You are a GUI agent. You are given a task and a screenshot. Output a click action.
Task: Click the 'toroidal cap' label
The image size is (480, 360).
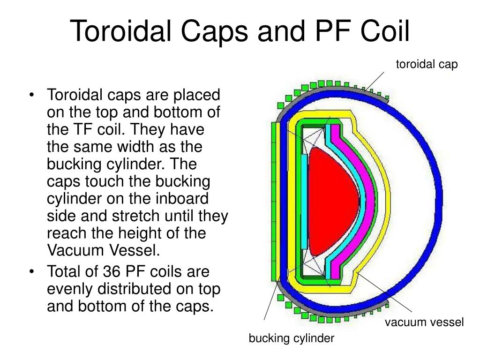tap(427, 65)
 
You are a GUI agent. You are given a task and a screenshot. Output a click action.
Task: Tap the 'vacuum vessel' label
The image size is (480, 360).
tap(424, 322)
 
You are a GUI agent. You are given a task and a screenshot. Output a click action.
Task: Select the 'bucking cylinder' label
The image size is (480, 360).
tap(292, 339)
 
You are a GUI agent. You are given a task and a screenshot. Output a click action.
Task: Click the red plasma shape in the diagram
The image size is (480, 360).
tap(332, 202)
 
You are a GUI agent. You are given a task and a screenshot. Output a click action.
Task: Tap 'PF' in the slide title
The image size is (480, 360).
tap(333, 31)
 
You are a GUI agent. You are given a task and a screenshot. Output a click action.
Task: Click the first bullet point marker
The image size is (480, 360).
tap(31, 95)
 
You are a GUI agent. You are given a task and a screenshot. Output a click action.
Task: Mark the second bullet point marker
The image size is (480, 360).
tap(31, 272)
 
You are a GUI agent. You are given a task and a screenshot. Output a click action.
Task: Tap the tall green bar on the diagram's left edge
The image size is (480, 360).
tap(274, 202)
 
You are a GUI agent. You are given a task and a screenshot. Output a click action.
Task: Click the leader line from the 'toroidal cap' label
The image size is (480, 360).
tap(374, 81)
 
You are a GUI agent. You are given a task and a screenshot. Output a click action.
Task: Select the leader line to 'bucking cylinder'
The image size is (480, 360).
tap(272, 300)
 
